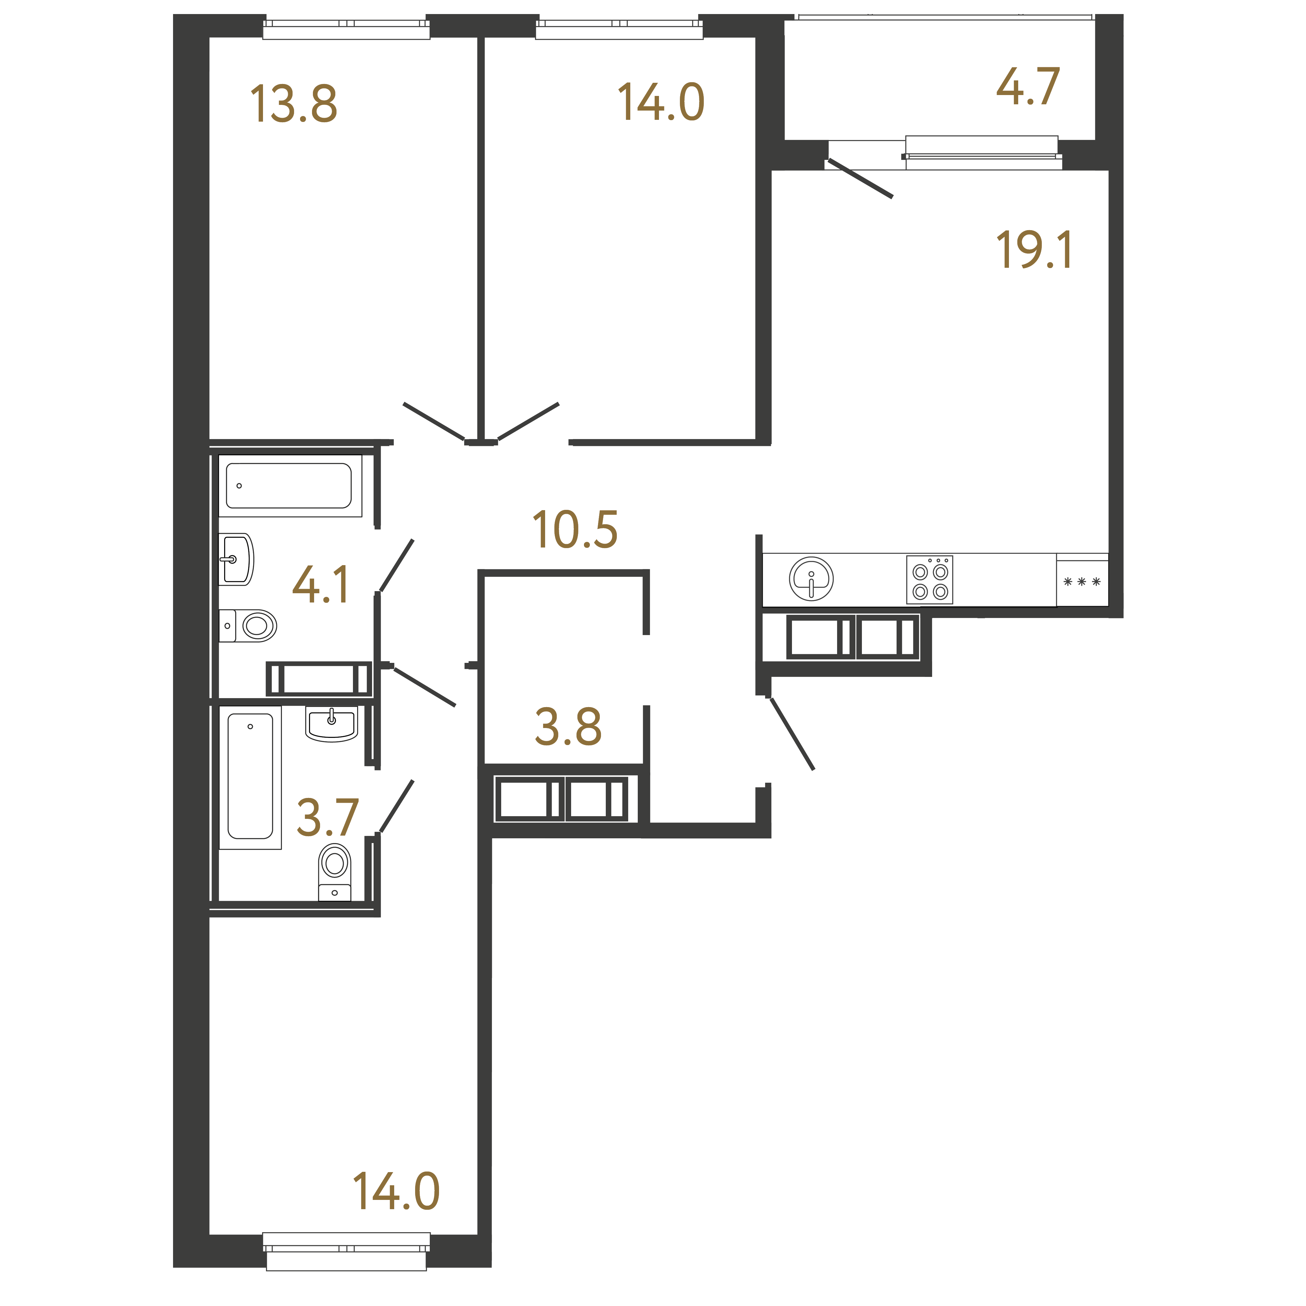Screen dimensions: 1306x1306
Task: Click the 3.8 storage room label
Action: pyautogui.click(x=568, y=727)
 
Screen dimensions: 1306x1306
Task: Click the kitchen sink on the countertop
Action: pyautogui.click(x=811, y=579)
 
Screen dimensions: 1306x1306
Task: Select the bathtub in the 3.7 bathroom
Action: pyautogui.click(x=250, y=777)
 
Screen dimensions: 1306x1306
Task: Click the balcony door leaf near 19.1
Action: pyautogui.click(x=860, y=178)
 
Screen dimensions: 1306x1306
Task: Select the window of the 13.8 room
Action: pyautogui.click(x=346, y=30)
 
